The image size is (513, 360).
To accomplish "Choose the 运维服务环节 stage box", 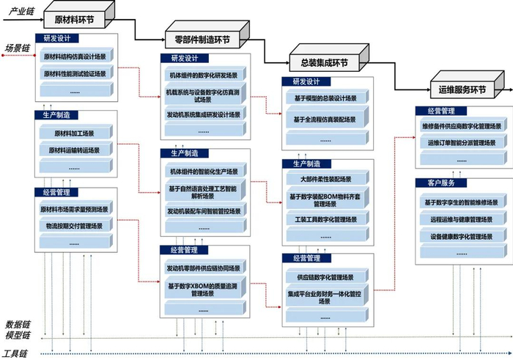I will pos(462,89).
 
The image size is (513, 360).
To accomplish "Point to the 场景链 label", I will pos(16,48).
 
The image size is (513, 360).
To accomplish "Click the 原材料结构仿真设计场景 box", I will pos(75,56).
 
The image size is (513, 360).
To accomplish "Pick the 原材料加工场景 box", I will pos(75,133).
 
